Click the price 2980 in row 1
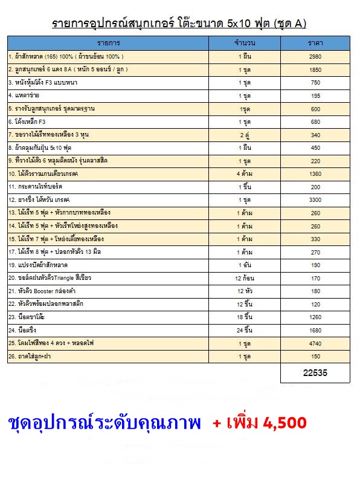coord(315,57)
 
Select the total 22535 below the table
coord(315,373)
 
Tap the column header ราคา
coord(315,44)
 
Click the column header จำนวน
coord(245,44)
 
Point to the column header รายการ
coord(108,44)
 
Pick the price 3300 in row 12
coord(315,199)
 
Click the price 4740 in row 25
coord(315,343)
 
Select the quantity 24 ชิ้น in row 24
coord(245,330)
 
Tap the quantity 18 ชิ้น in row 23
coord(245,317)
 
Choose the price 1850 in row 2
coord(315,70)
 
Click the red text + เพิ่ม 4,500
coord(260,423)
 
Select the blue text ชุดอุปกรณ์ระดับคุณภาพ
coord(104,423)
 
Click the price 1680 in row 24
coord(315,330)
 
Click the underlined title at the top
coord(179,24)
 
